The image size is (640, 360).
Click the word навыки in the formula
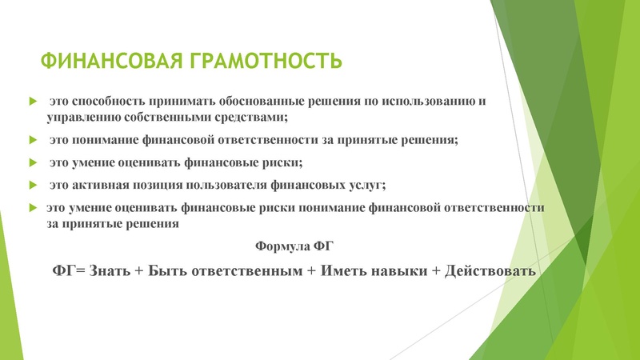[x=397, y=271]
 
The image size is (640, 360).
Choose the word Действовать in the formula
[x=489, y=271]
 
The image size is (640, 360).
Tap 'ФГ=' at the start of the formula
[x=68, y=271]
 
